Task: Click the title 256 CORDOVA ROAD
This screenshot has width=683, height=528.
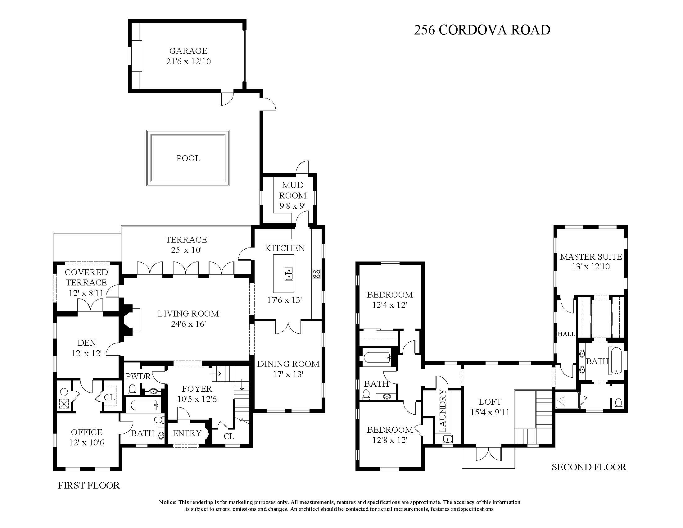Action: point(482,30)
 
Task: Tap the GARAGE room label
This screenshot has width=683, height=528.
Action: point(188,51)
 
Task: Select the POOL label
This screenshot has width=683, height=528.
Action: point(188,158)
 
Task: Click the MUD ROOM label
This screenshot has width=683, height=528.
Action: point(293,190)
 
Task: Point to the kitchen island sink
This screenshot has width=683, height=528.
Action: point(288,273)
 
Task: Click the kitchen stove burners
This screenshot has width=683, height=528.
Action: point(316,274)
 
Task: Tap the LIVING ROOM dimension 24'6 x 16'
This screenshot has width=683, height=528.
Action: point(188,324)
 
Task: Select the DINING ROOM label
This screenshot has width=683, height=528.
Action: point(288,364)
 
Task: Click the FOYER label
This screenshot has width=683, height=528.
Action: point(197,389)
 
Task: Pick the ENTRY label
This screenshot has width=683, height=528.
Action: point(187,433)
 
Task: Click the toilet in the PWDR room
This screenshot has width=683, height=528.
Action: point(132,389)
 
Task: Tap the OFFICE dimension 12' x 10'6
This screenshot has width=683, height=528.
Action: point(87,443)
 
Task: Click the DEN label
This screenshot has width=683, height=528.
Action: point(87,343)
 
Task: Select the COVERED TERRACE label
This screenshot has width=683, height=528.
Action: point(86,277)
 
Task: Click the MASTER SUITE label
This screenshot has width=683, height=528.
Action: point(591,257)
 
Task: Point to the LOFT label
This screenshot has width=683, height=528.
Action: point(490,402)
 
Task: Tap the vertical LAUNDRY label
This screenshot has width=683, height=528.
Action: point(443,410)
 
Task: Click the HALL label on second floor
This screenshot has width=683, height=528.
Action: point(566,334)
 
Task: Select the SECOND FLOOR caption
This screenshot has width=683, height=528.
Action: point(589,467)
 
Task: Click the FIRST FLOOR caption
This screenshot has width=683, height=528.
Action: point(89,485)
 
